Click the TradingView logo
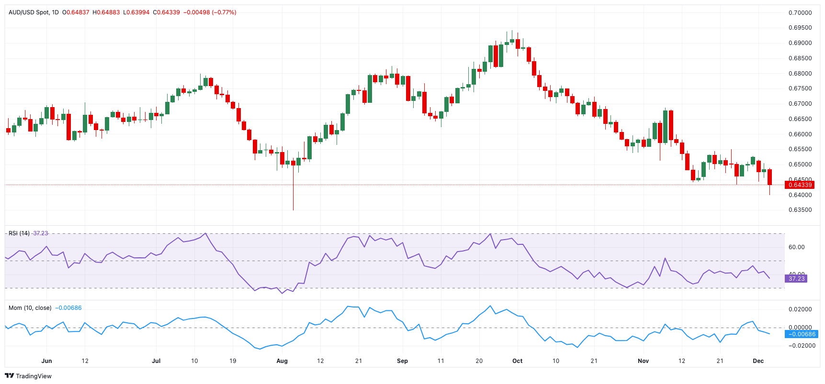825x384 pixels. click(x=28, y=376)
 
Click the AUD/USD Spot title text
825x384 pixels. click(x=29, y=12)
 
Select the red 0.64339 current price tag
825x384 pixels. click(x=800, y=185)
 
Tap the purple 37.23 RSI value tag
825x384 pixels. click(x=796, y=278)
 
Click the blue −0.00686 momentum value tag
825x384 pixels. click(x=802, y=334)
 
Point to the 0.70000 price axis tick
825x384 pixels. click(x=800, y=13)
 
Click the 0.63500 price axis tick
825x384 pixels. click(x=800, y=210)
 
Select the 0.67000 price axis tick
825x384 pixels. click(x=800, y=104)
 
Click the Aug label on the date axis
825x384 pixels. click(x=282, y=361)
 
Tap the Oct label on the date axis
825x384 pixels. click(x=517, y=361)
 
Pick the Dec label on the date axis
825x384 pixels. click(x=758, y=361)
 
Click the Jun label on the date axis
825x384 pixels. click(x=46, y=361)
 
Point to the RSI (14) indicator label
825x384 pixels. click(x=19, y=233)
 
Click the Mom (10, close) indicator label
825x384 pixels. click(x=30, y=308)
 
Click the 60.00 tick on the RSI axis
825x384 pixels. click(x=796, y=247)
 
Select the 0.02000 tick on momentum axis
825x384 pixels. click(x=800, y=309)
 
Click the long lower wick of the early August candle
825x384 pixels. click(x=293, y=191)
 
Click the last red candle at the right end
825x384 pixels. click(x=769, y=177)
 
